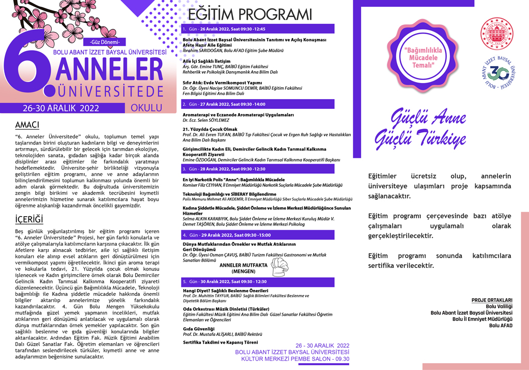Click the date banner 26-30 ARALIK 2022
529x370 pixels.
(x=60, y=108)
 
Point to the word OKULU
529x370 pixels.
(x=146, y=108)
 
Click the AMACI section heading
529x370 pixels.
(x=26, y=125)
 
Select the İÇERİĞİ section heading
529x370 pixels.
(x=29, y=221)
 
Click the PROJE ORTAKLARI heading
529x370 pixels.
(x=492, y=300)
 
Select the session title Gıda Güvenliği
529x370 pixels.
(x=198, y=328)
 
